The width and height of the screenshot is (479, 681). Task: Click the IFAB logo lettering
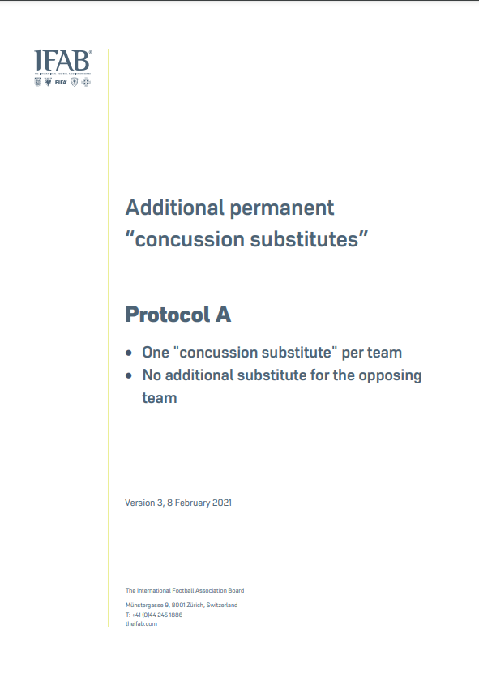point(63,61)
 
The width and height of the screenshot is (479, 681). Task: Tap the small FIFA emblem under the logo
point(61,82)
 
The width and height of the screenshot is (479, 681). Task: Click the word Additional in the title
point(174,208)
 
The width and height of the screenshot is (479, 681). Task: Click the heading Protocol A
point(178,315)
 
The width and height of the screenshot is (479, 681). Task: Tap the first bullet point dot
point(129,353)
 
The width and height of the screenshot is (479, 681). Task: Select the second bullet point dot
point(129,375)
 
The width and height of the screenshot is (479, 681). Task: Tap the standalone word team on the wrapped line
point(160,398)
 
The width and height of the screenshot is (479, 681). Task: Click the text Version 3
point(143,503)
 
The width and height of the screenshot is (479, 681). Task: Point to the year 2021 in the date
point(222,503)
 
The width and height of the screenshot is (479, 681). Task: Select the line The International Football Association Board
point(185,591)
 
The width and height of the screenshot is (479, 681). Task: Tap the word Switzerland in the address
point(222,605)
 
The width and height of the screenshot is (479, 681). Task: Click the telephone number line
point(154,615)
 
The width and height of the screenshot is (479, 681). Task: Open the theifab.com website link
point(141,623)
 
